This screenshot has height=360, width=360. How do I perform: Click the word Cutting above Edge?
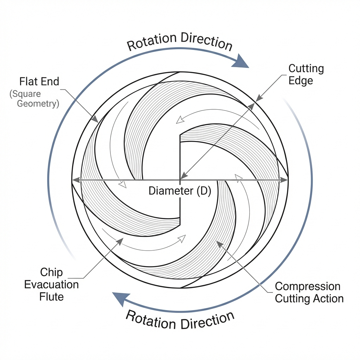coord(306,69)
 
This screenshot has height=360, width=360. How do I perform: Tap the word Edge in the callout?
coord(301,81)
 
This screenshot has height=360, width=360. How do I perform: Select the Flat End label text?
coord(39,81)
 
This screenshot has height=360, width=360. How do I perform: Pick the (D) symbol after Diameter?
coord(203,191)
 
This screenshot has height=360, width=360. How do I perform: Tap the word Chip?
coord(51,272)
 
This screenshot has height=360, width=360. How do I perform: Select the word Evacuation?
coord(51,284)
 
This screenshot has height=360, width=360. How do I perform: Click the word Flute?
coord(51,297)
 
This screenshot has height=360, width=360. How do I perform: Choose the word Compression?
coord(308,287)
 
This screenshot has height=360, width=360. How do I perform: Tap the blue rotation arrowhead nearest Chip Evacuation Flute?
coord(119,299)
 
